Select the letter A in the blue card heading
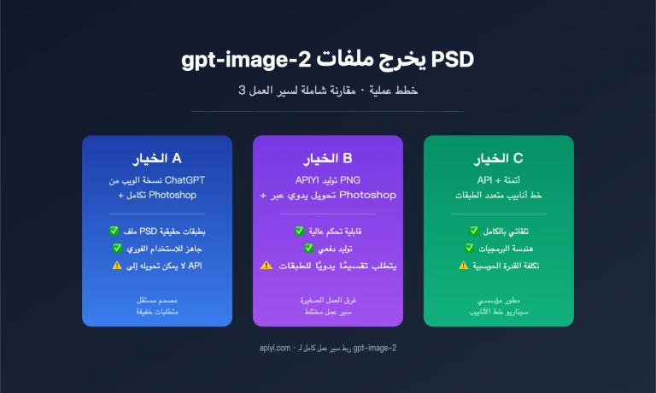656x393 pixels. coord(176,158)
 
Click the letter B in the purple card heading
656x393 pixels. coord(348,158)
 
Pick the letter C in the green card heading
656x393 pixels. coord(518,158)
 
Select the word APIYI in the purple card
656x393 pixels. coord(311,179)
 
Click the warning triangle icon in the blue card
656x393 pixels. coord(116,265)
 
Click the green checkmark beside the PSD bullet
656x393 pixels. coord(115,232)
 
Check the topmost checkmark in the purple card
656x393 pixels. coord(299,232)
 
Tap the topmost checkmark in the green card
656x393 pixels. coord(473,232)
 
